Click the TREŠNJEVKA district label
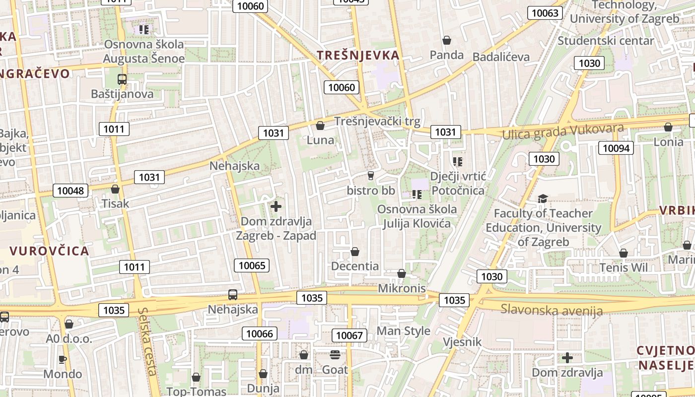358,55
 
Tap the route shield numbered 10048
70,191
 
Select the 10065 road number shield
252,265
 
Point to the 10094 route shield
616,148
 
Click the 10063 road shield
545,13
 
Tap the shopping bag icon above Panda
447,40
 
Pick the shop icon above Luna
320,126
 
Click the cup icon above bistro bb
370,176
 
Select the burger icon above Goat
335,355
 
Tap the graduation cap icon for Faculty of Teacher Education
543,199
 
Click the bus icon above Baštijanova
122,79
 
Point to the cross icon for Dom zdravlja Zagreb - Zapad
276,206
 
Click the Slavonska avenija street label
552,310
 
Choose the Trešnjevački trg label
377,121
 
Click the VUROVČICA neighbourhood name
49,251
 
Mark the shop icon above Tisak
115,189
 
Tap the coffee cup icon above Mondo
63,359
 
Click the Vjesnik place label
462,342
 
